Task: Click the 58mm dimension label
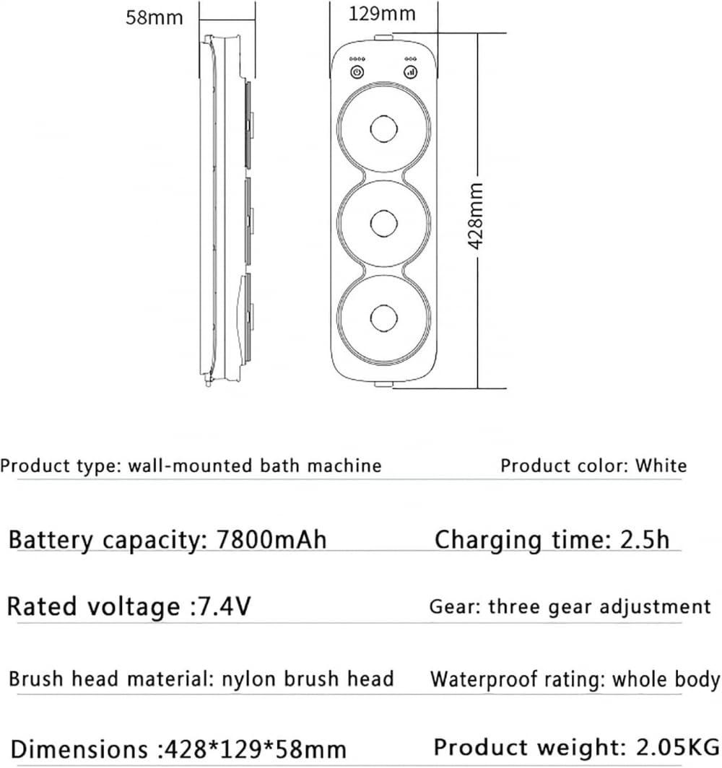pos(155,17)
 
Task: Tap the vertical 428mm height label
pos(475,215)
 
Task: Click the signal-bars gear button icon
pos(409,71)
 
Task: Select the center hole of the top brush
pos(383,129)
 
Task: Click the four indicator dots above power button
pos(357,58)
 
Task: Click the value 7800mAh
pos(272,540)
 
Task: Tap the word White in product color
pos(661,466)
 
